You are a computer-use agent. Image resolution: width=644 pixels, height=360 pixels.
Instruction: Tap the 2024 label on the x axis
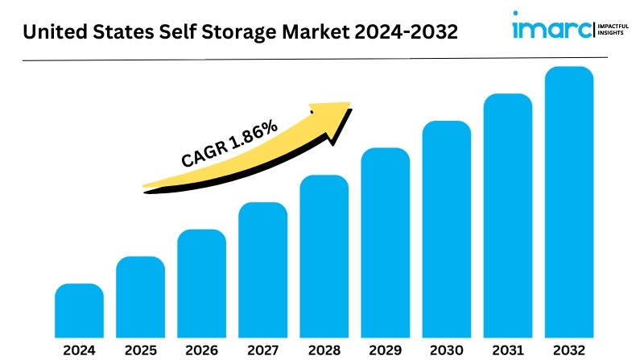(79, 350)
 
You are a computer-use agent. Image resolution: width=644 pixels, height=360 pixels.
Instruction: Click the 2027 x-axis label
(262, 350)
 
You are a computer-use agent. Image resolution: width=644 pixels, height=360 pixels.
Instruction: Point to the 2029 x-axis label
(385, 350)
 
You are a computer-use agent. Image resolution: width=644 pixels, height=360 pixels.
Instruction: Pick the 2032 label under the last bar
(568, 350)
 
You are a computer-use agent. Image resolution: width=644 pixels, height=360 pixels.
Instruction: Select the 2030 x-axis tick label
(446, 350)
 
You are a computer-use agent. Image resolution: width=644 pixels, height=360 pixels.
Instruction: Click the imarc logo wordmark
(551, 30)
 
